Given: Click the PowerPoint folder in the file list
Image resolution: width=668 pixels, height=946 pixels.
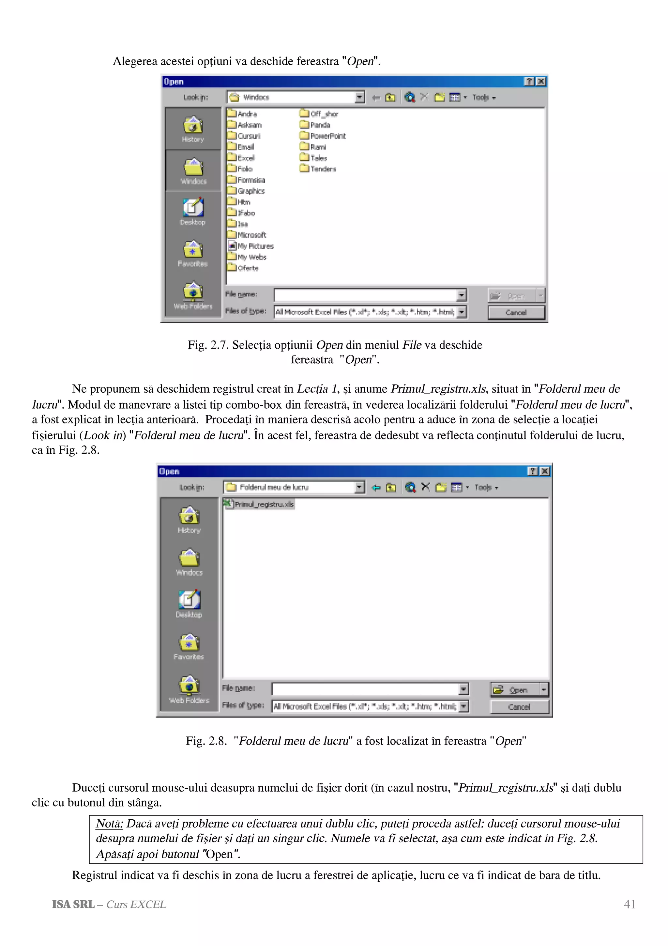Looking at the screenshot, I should pyautogui.click(x=323, y=136).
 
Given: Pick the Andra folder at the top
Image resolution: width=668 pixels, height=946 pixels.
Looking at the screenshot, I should pyautogui.click(x=242, y=114).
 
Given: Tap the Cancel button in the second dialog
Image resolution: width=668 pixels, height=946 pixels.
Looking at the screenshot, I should pyautogui.click(x=519, y=707).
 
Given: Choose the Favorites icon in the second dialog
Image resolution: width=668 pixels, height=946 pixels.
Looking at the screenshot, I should pyautogui.click(x=189, y=646).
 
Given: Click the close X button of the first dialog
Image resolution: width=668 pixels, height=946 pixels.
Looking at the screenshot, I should pyautogui.click(x=541, y=82).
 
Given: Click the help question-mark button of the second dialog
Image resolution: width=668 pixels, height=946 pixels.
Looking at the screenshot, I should pyautogui.click(x=533, y=471).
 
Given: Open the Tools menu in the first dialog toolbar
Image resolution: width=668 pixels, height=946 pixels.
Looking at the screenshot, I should pyautogui.click(x=484, y=98).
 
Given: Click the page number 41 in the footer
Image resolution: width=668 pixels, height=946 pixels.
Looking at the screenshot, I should pyautogui.click(x=629, y=905).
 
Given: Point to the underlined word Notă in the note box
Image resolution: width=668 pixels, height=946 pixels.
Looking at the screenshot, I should pyautogui.click(x=109, y=824).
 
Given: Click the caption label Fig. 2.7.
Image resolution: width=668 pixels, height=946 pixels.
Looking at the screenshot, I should pyautogui.click(x=207, y=345).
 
